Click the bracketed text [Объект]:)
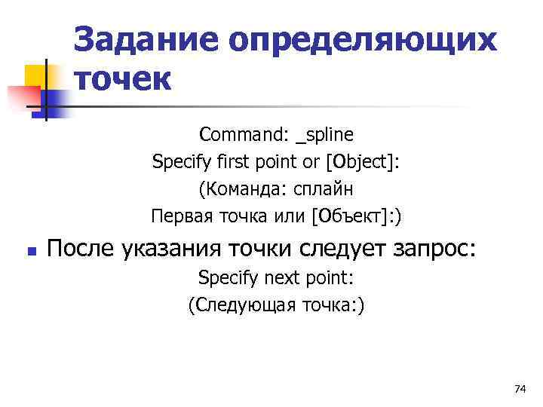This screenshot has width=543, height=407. [x=357, y=217]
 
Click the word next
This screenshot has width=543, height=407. [x=284, y=278]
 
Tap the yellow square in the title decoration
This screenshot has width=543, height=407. [x=37, y=76]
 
